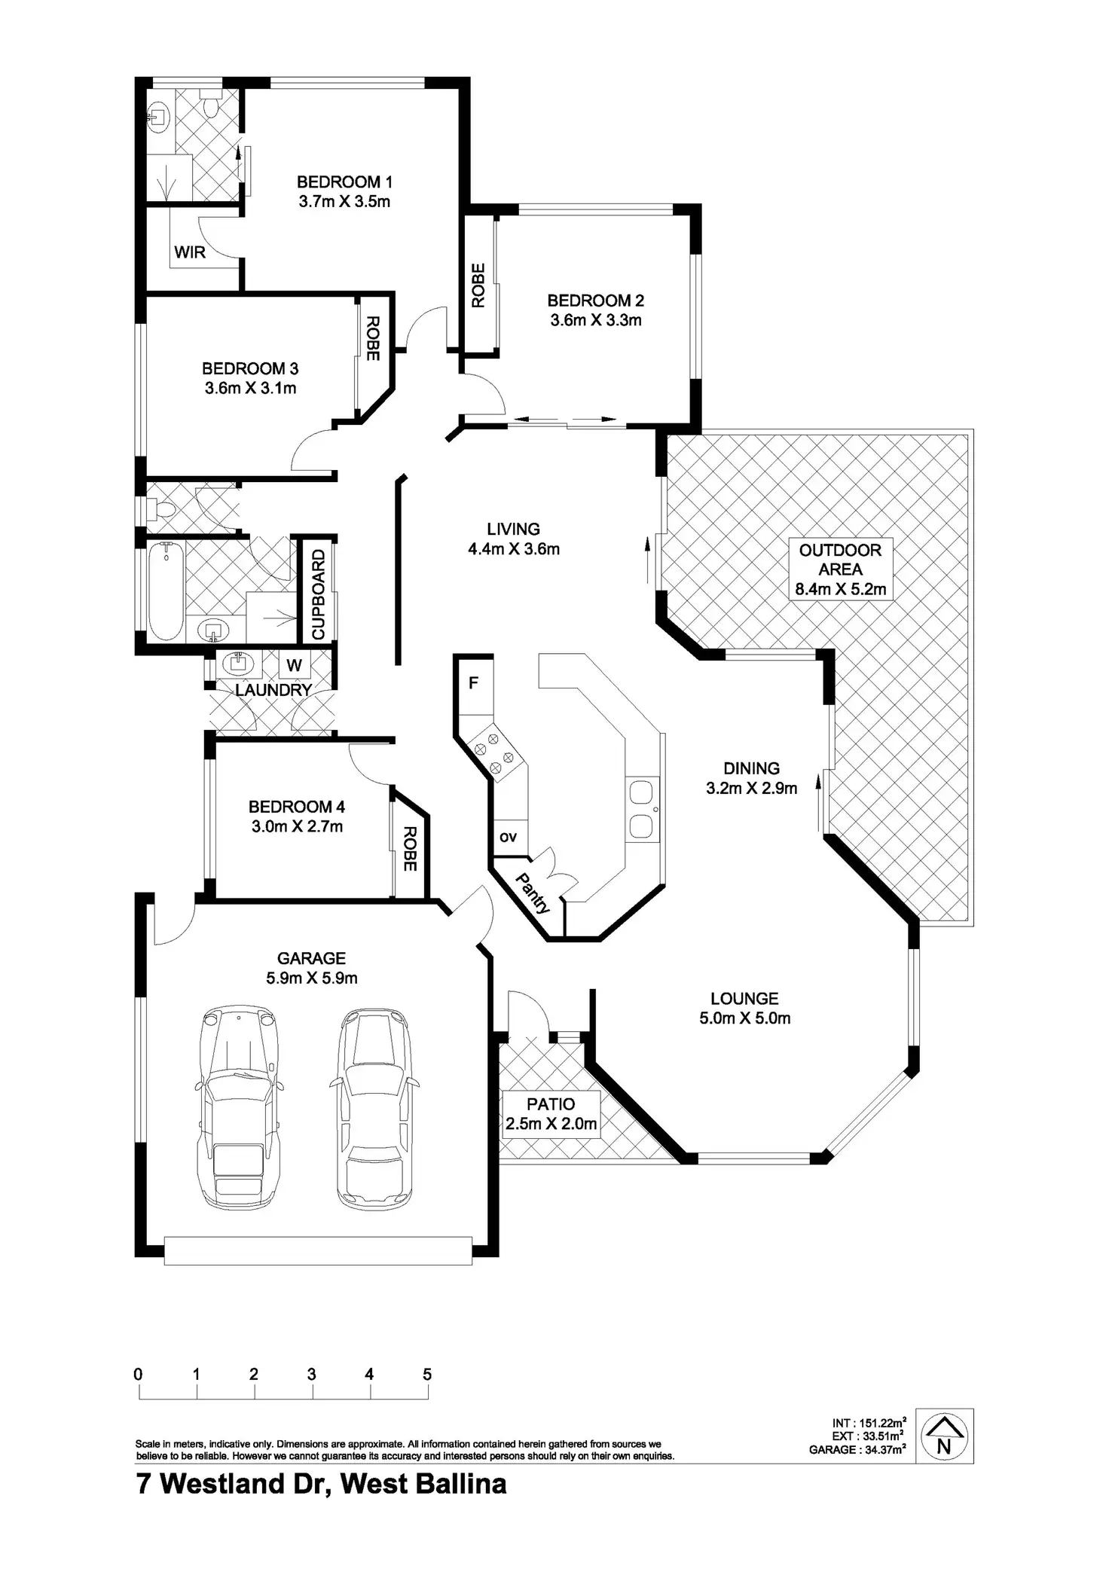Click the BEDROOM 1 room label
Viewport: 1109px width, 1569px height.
(344, 182)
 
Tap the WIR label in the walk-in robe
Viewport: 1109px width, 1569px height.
(190, 252)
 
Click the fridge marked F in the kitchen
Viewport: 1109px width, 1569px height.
(474, 683)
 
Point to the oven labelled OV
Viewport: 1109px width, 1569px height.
(509, 837)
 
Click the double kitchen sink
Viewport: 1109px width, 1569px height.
(641, 810)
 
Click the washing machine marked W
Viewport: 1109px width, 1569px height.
(295, 665)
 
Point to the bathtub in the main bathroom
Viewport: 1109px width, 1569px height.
(165, 591)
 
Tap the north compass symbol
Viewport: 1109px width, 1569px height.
(944, 1436)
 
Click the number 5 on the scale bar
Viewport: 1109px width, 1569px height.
(427, 1375)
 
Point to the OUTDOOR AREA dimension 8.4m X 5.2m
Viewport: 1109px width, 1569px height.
(841, 589)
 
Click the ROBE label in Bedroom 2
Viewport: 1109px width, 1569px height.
(478, 285)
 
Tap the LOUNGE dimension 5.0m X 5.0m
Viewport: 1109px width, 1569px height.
(744, 1018)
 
